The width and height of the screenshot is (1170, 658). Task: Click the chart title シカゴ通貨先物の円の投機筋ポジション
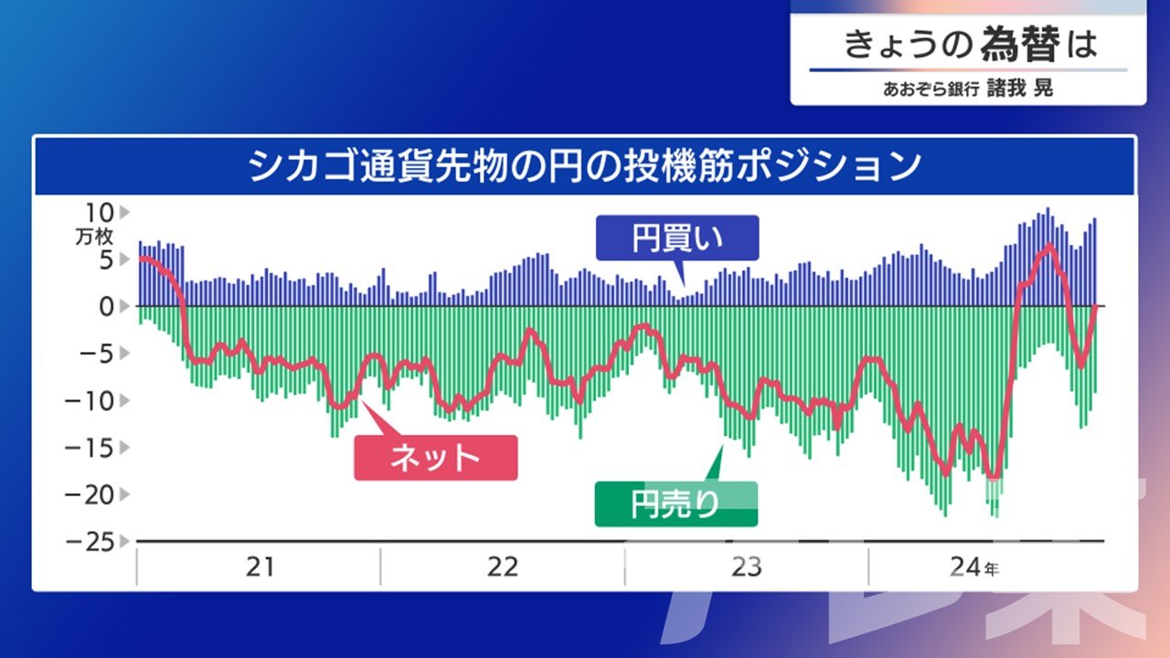(x=584, y=166)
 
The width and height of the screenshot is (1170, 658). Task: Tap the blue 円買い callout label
(x=677, y=238)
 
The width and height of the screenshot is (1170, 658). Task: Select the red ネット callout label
(x=436, y=458)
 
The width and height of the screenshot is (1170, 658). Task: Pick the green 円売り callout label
(x=675, y=504)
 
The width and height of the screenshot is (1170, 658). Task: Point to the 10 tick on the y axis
(x=100, y=213)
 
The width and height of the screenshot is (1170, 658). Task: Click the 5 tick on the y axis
(x=106, y=260)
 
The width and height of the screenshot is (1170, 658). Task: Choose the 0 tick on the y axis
(x=107, y=306)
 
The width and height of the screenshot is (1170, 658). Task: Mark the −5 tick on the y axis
(x=97, y=354)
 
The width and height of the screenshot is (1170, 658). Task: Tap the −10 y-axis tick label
(x=89, y=401)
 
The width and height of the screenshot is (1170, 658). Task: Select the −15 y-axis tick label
(x=89, y=448)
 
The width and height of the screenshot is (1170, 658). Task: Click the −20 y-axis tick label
(x=89, y=494)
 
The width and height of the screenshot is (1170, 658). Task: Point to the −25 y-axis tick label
(x=89, y=542)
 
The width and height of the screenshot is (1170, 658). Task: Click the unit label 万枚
(x=94, y=237)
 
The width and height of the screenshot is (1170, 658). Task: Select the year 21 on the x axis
(x=260, y=567)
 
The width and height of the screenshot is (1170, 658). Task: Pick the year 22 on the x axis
(x=503, y=567)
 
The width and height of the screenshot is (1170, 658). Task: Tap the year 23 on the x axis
(x=747, y=567)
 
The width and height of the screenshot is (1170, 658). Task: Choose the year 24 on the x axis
(x=966, y=567)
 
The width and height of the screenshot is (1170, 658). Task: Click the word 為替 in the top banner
(x=1020, y=44)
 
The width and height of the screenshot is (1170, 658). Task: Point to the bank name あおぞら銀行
(x=931, y=90)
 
